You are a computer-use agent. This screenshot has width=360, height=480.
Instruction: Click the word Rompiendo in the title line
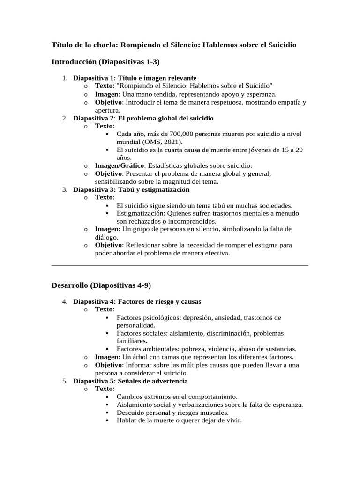(140, 45)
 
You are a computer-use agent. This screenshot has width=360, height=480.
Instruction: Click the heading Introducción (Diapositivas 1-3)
(105, 61)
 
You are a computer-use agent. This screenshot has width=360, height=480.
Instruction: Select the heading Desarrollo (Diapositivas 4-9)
(101, 285)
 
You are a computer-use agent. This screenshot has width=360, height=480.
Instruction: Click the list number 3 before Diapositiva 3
(65, 189)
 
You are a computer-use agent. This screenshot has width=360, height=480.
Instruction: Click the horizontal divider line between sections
(180, 265)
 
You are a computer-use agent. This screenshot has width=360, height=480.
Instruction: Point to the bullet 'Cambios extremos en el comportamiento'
(177, 397)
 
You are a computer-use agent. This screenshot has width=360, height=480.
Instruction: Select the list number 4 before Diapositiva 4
(65, 301)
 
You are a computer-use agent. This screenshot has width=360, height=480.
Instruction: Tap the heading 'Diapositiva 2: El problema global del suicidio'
(143, 118)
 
